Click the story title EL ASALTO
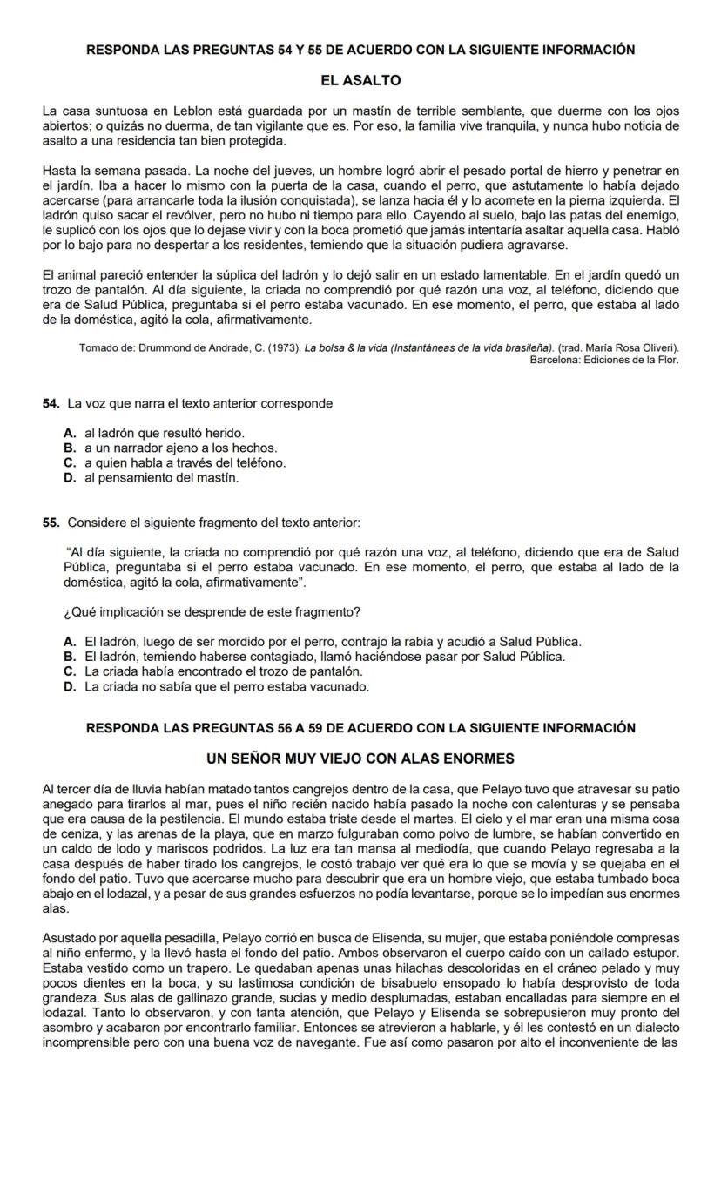(x=360, y=80)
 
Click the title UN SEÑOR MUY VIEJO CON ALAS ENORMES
(x=360, y=759)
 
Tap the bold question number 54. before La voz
(x=51, y=403)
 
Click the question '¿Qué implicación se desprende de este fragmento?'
(x=213, y=611)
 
